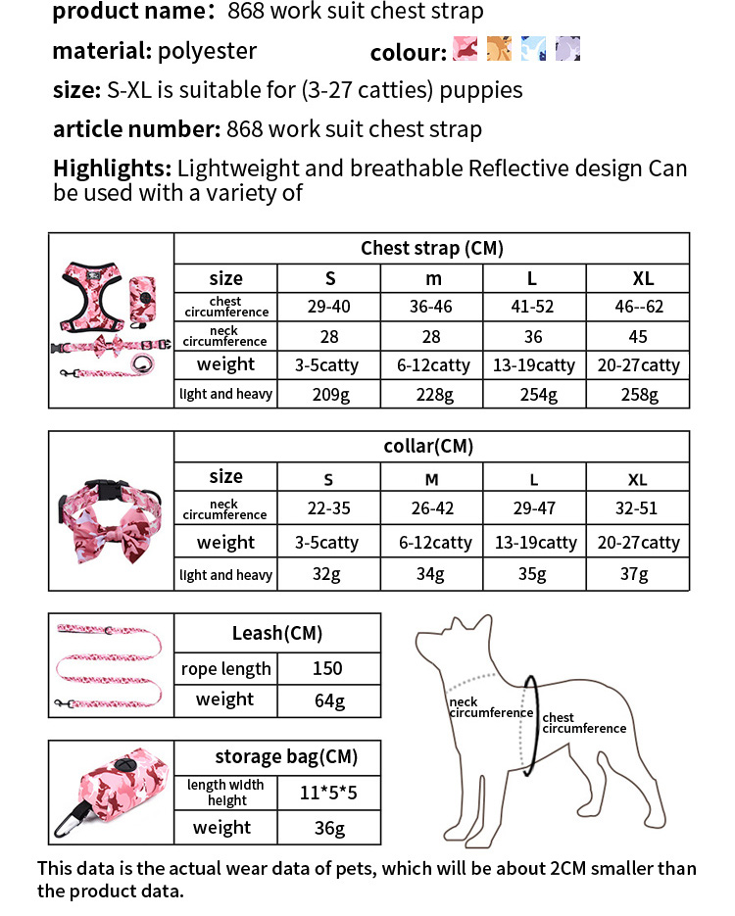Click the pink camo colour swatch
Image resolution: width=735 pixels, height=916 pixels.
click(464, 49)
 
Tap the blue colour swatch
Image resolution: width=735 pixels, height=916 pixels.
click(534, 49)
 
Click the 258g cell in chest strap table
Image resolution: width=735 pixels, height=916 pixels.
click(639, 394)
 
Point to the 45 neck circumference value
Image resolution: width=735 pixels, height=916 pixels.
click(639, 336)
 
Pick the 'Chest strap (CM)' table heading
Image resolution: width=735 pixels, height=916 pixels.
click(431, 248)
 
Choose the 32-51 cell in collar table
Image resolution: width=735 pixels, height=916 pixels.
click(638, 508)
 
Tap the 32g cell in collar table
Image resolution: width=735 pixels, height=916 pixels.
click(328, 574)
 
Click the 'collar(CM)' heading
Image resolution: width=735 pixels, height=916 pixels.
click(428, 447)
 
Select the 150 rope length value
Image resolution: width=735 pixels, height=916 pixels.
click(327, 668)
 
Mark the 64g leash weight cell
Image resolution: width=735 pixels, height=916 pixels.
click(327, 699)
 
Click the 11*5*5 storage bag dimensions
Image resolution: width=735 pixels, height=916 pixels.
click(327, 792)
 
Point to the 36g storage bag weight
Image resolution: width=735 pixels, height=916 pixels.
click(327, 829)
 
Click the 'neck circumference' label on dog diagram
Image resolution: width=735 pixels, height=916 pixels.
click(490, 707)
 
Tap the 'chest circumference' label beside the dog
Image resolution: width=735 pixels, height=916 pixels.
click(584, 723)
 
